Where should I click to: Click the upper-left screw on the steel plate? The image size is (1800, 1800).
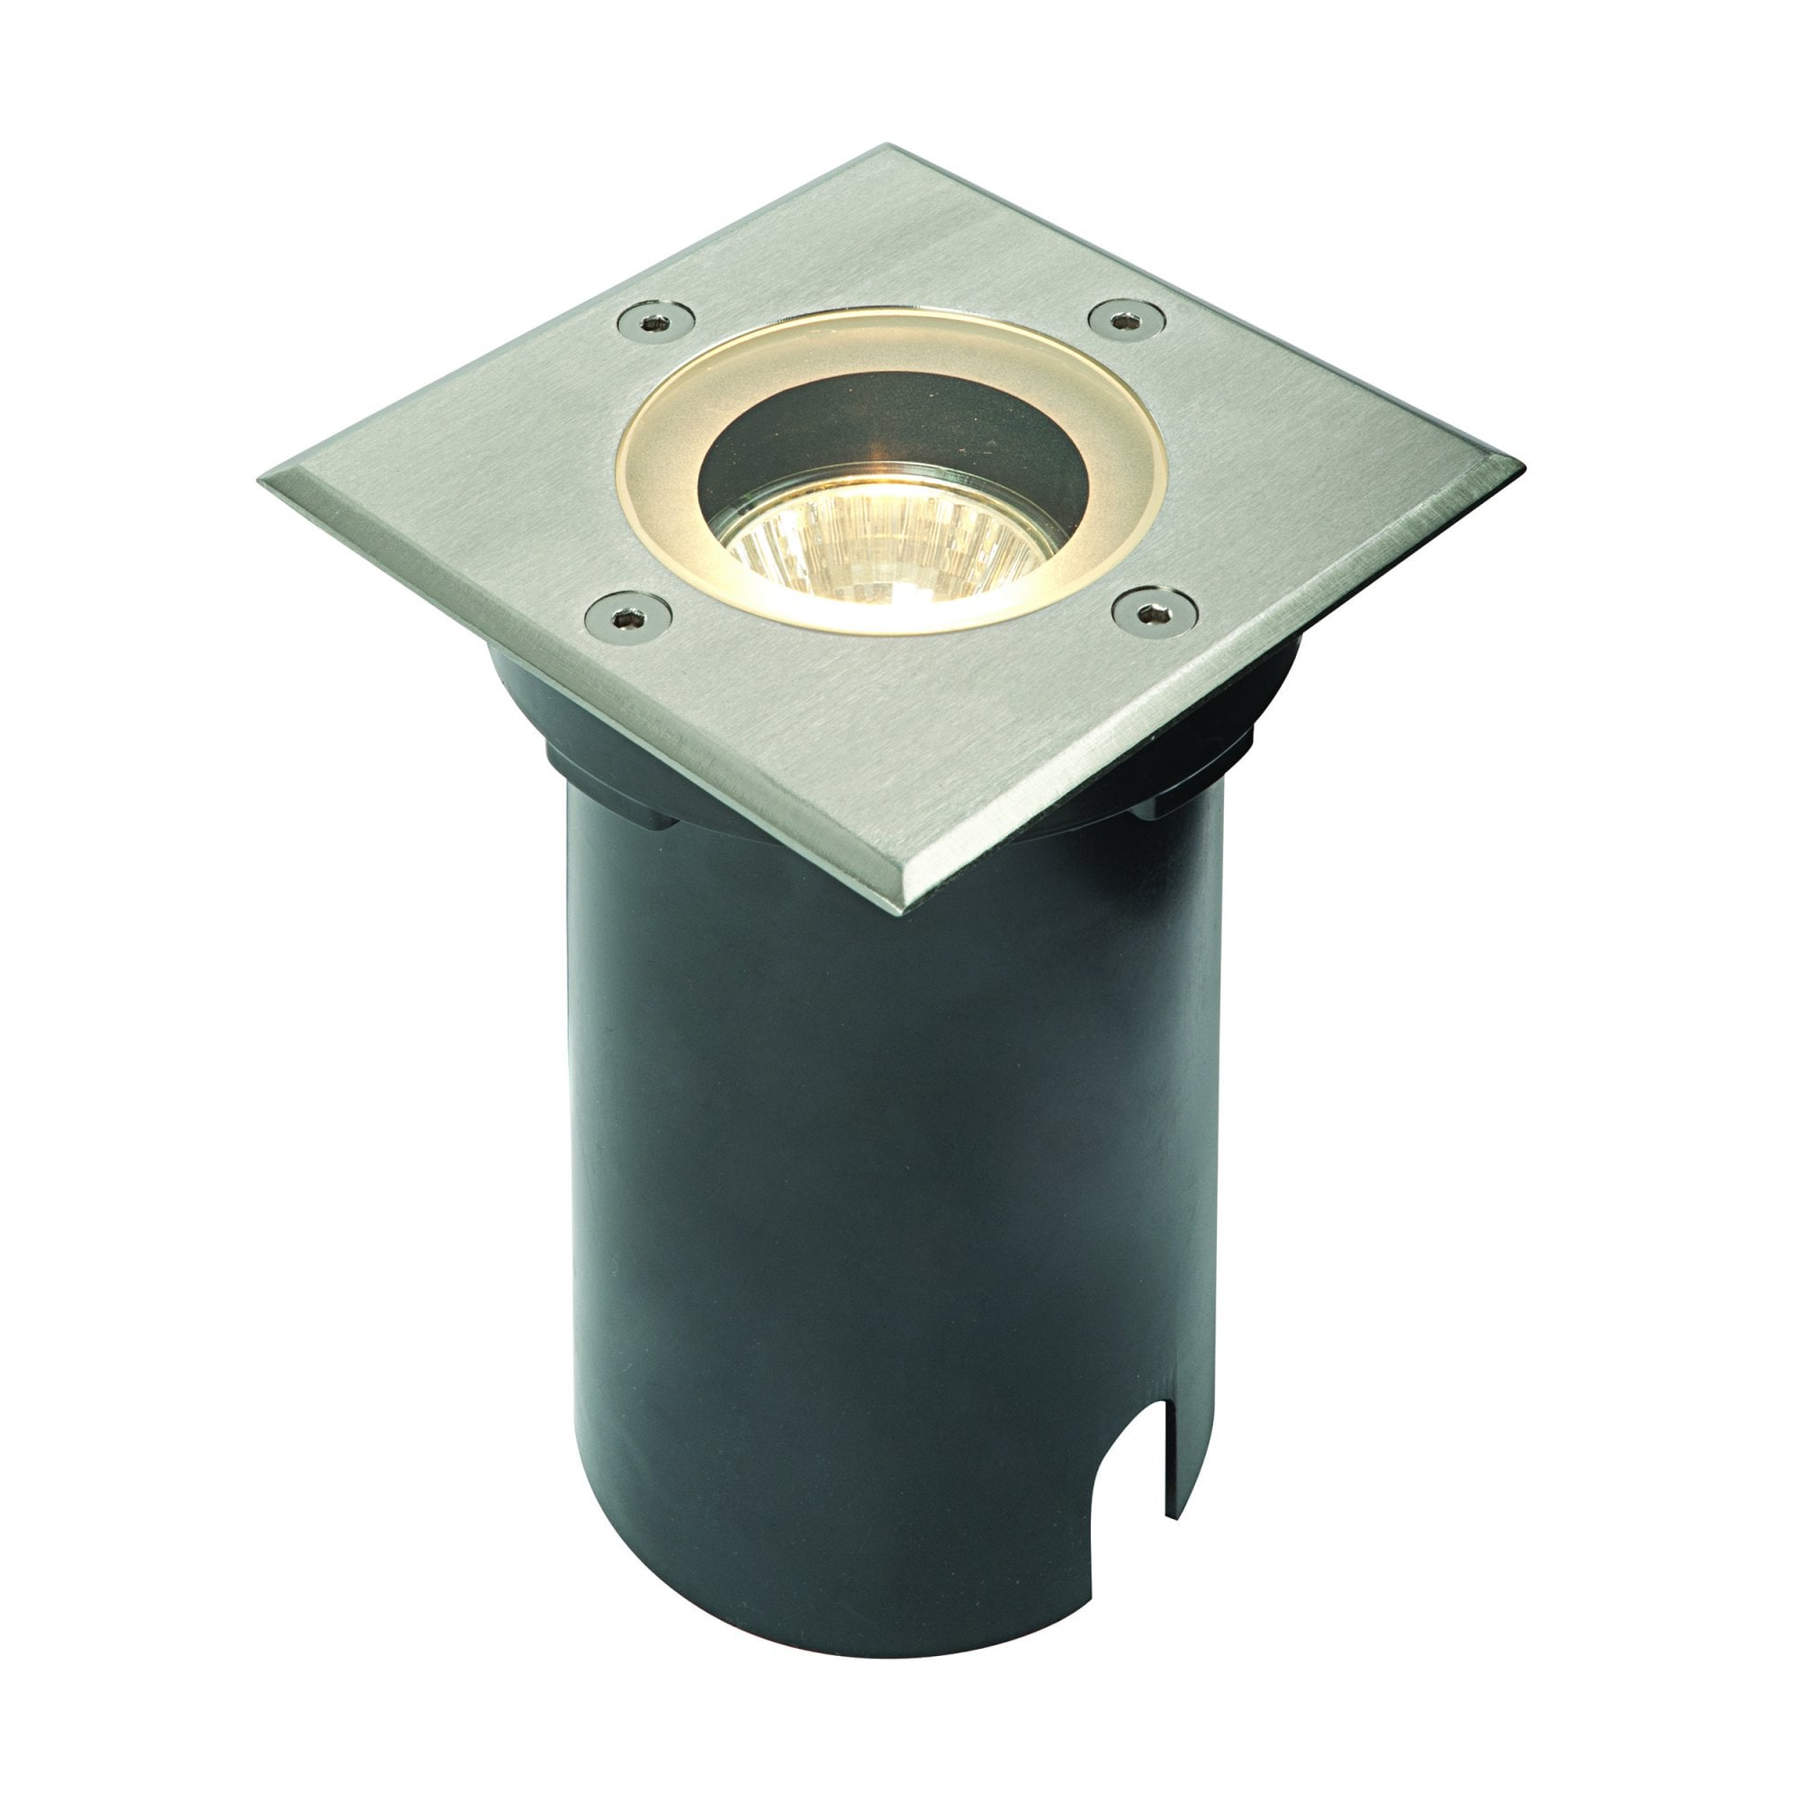(656, 322)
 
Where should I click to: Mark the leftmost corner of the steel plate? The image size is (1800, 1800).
(265, 478)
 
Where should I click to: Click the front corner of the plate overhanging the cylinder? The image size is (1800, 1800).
(918, 904)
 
